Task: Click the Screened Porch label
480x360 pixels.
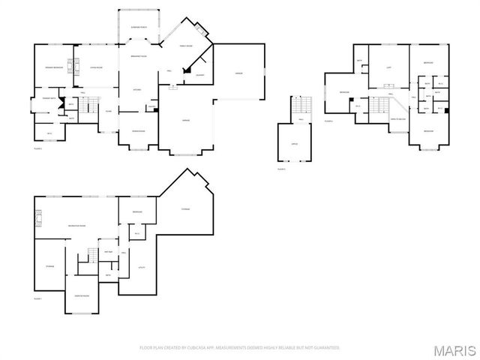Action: coord(138,27)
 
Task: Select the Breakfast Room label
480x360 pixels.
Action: coord(138,57)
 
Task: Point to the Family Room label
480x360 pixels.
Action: coord(185,46)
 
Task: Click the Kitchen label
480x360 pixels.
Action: coord(137,90)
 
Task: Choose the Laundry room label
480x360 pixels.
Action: coord(200,75)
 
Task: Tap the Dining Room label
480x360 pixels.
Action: coord(139,132)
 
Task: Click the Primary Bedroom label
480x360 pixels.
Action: coord(52,68)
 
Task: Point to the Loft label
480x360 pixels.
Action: coord(388,68)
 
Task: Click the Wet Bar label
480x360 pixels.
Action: coord(108,251)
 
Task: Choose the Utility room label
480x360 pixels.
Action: coord(140,267)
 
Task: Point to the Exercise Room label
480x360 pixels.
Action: coord(82,296)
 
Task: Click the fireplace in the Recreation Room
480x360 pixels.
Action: coord(40,219)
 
